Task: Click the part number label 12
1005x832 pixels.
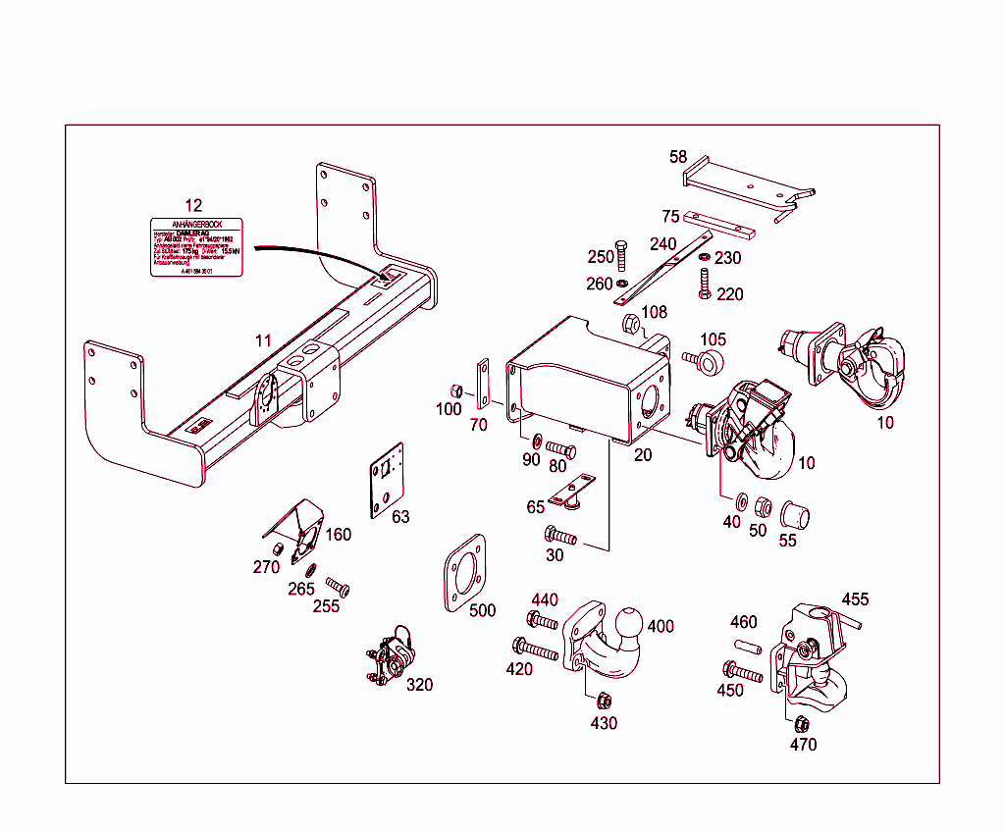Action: click(193, 205)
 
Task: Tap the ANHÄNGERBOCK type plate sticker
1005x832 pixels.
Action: click(194, 248)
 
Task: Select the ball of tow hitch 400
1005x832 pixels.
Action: click(629, 621)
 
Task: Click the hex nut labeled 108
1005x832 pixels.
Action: click(630, 323)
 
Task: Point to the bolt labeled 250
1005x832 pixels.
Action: click(620, 253)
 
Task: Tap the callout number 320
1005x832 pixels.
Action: click(419, 685)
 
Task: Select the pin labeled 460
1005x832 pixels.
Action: click(747, 648)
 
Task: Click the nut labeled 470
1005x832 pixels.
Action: click(800, 724)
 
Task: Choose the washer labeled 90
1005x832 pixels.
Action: click(538, 440)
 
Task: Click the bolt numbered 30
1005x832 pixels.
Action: click(560, 536)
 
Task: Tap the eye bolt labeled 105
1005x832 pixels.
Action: click(709, 362)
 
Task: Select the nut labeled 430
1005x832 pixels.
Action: click(605, 701)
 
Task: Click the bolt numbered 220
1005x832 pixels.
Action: click(704, 283)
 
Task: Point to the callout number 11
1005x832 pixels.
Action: click(262, 340)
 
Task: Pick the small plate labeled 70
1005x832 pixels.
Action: click(482, 385)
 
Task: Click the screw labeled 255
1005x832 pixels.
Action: click(339, 587)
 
